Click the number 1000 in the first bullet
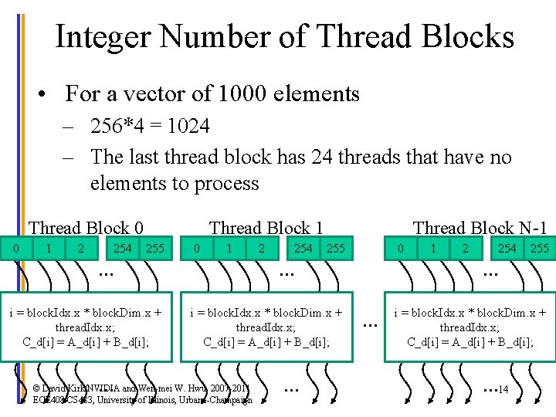pos(251,94)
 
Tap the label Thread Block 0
pos(86,228)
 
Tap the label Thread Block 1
pos(266,228)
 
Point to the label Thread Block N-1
pos(480,228)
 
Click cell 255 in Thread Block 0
pos(155,249)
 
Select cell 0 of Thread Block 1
pos(198,249)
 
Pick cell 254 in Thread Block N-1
pos(507,248)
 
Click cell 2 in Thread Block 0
pos(80,249)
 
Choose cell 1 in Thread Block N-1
pos(433,249)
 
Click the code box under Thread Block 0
pos(86,327)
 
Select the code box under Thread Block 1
pos(266,327)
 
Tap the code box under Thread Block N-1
pos(470,327)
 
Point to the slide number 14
pos(503,388)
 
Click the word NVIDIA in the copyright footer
pos(93,388)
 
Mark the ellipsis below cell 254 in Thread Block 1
pos(287,273)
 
